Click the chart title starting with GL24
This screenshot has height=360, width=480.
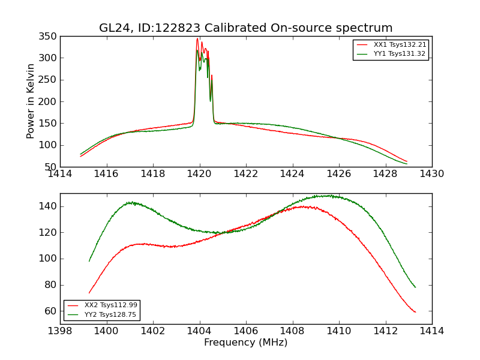coord(245,28)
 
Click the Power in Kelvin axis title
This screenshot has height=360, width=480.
coord(31,101)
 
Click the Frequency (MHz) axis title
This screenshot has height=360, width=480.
coord(245,343)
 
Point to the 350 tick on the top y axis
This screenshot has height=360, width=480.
coord(50,37)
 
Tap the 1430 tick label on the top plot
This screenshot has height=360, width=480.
coord(431,173)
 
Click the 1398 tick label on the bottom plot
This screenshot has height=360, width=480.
coord(60,331)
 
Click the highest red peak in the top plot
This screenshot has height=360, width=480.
coord(197,39)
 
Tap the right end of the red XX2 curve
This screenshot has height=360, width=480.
coord(415,312)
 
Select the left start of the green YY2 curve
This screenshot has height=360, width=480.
coord(89,260)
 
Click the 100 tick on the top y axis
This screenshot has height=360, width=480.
coord(50,145)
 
